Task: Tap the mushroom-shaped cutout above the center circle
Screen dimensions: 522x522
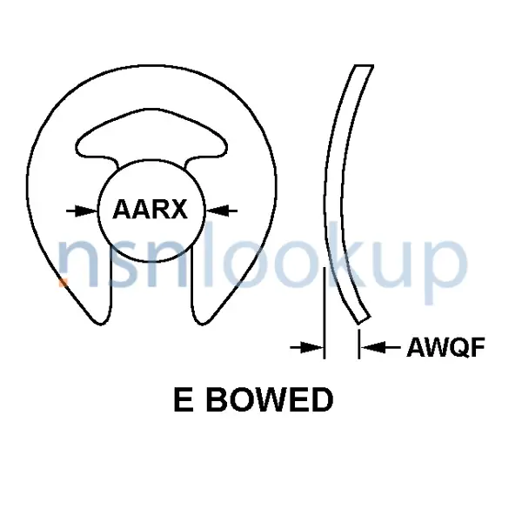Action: (152, 140)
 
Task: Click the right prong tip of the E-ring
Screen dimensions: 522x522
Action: (202, 318)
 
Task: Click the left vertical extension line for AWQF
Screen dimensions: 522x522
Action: (324, 313)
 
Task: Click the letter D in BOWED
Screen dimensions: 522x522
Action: (321, 401)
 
